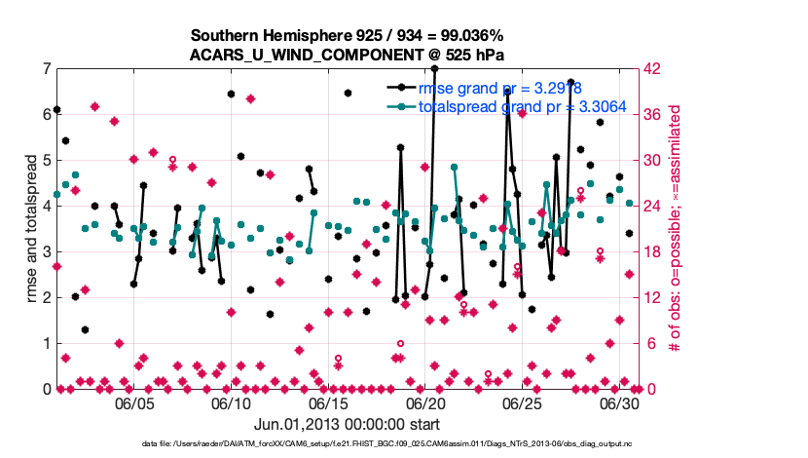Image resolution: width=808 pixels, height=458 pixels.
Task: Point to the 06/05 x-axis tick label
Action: click(x=134, y=402)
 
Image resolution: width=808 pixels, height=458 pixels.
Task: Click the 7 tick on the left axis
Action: click(x=46, y=69)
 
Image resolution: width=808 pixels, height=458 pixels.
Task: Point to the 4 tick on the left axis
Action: click(x=46, y=207)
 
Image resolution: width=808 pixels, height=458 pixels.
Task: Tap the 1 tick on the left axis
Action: click(x=46, y=344)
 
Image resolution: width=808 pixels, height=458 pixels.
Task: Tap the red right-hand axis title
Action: click(x=674, y=229)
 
